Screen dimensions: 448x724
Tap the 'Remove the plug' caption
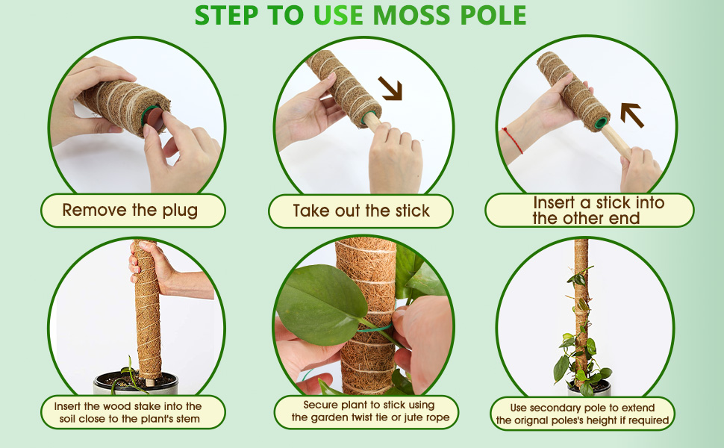tap(130, 211)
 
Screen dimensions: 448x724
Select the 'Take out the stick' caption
tap(361, 211)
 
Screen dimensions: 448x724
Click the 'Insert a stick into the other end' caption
tap(590, 211)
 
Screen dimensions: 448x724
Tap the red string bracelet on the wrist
tap(513, 140)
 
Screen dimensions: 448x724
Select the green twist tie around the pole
tap(377, 326)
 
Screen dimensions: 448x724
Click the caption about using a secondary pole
tap(582, 414)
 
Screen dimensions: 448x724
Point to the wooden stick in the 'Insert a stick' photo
tap(617, 142)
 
